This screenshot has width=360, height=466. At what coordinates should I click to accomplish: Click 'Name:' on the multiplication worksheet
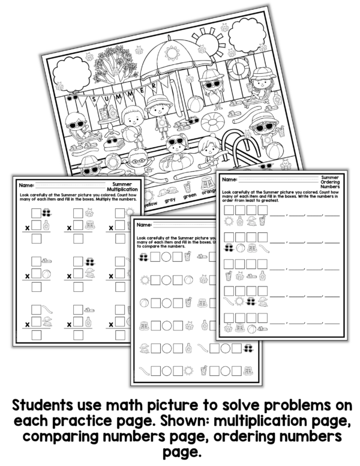pos(26,185)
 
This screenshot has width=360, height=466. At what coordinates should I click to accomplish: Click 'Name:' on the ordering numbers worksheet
pos(230,179)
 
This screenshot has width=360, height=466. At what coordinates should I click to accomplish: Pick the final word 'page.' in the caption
pos(179,451)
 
